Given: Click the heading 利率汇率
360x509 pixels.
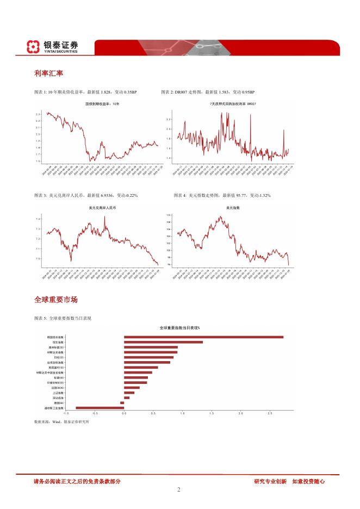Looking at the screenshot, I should [x=48, y=73].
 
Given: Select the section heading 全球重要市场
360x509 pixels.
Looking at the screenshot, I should [x=56, y=300].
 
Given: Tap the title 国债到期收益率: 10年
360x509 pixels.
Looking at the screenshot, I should [x=102, y=103].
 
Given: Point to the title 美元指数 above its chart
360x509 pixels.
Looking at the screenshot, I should [x=233, y=208].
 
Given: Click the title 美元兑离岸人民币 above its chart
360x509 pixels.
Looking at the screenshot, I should [x=102, y=208].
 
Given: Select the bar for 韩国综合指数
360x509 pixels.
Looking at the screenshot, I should [x=203, y=337].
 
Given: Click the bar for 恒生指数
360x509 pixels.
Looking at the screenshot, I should [x=163, y=342].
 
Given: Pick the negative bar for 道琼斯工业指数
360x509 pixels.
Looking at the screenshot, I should [x=100, y=407].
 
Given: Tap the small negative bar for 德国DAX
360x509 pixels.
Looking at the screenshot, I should [x=122, y=402].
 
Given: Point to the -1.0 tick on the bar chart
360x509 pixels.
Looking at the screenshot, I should [x=66, y=414].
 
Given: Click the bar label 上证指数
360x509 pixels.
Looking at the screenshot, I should [x=58, y=392].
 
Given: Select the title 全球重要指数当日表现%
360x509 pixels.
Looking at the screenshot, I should [x=180, y=328].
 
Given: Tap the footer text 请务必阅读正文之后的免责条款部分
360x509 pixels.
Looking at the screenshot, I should [x=77, y=481].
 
